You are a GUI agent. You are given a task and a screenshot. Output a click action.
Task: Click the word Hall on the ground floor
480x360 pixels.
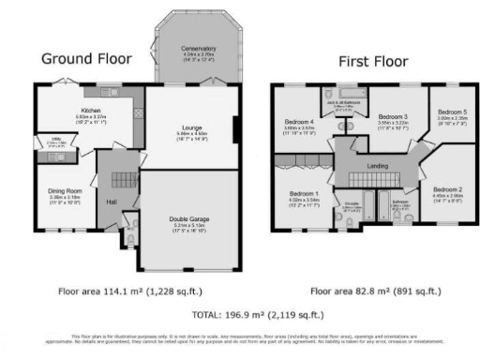click(112, 202)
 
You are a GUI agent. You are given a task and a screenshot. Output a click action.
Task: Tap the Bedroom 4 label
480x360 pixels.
click(298, 122)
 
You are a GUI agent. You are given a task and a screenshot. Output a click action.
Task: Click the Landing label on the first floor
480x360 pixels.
click(379, 167)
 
